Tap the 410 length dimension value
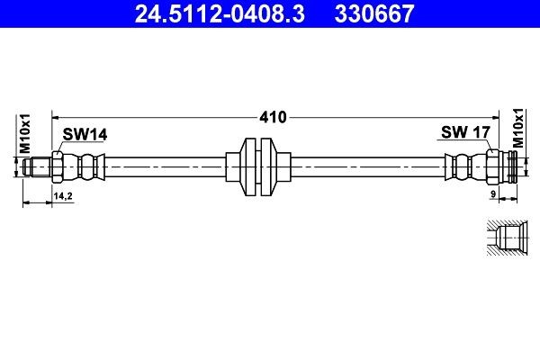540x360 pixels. click(x=273, y=117)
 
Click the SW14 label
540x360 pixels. click(x=85, y=134)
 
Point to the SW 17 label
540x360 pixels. click(x=464, y=132)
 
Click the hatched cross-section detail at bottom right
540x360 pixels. click(x=509, y=239)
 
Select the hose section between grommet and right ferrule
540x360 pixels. click(x=369, y=167)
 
